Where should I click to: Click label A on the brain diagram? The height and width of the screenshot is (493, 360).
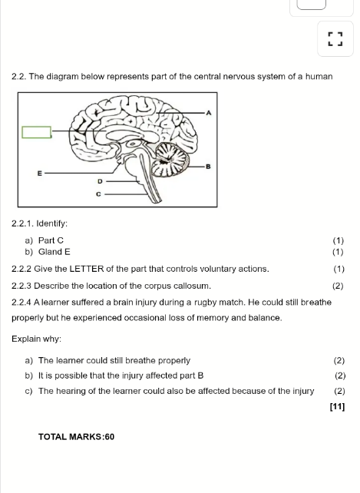pyautogui.click(x=209, y=113)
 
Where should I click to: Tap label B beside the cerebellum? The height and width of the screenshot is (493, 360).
pyautogui.click(x=208, y=167)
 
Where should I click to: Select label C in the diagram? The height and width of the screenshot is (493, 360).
pyautogui.click(x=98, y=194)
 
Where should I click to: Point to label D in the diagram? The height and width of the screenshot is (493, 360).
pyautogui.click(x=100, y=181)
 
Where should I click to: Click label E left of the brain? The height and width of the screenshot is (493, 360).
pyautogui.click(x=40, y=174)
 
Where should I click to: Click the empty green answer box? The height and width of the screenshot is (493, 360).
pyautogui.click(x=37, y=132)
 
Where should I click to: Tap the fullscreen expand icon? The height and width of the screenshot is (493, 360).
pyautogui.click(x=335, y=39)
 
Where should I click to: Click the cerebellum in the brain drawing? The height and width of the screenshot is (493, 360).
pyautogui.click(x=170, y=160)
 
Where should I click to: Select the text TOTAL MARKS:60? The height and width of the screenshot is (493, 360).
pyautogui.click(x=77, y=437)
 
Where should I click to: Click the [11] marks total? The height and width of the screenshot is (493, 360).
pyautogui.click(x=338, y=406)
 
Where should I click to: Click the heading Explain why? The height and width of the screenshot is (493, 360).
pyautogui.click(x=37, y=339)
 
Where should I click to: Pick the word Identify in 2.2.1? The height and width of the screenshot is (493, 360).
pyautogui.click(x=52, y=223)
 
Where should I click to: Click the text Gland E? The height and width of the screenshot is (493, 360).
pyautogui.click(x=54, y=252)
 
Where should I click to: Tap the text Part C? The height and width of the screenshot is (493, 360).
pyautogui.click(x=51, y=240)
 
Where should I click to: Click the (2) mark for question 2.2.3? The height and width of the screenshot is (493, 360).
pyautogui.click(x=338, y=286)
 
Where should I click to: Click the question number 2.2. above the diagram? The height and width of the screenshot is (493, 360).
pyautogui.click(x=19, y=77)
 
